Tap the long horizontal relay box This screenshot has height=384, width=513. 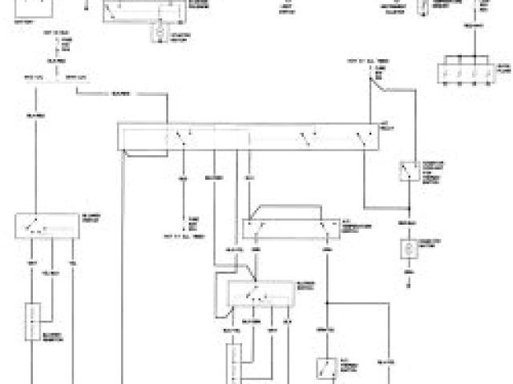tap(248, 136)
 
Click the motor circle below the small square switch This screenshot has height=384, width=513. tap(409, 248)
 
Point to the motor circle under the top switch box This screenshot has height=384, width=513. tap(158, 31)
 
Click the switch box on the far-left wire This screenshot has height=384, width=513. tap(46, 225)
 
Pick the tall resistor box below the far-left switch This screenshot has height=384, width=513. tap(34, 322)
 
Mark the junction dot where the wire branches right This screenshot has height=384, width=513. tap(327, 303)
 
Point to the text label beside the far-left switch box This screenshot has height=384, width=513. tap(91, 218)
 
